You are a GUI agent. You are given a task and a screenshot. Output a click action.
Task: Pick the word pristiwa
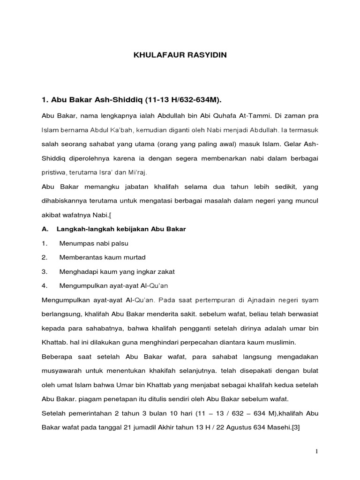[x=53, y=172]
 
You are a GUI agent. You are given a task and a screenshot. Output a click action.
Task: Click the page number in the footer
[x=316, y=451]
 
